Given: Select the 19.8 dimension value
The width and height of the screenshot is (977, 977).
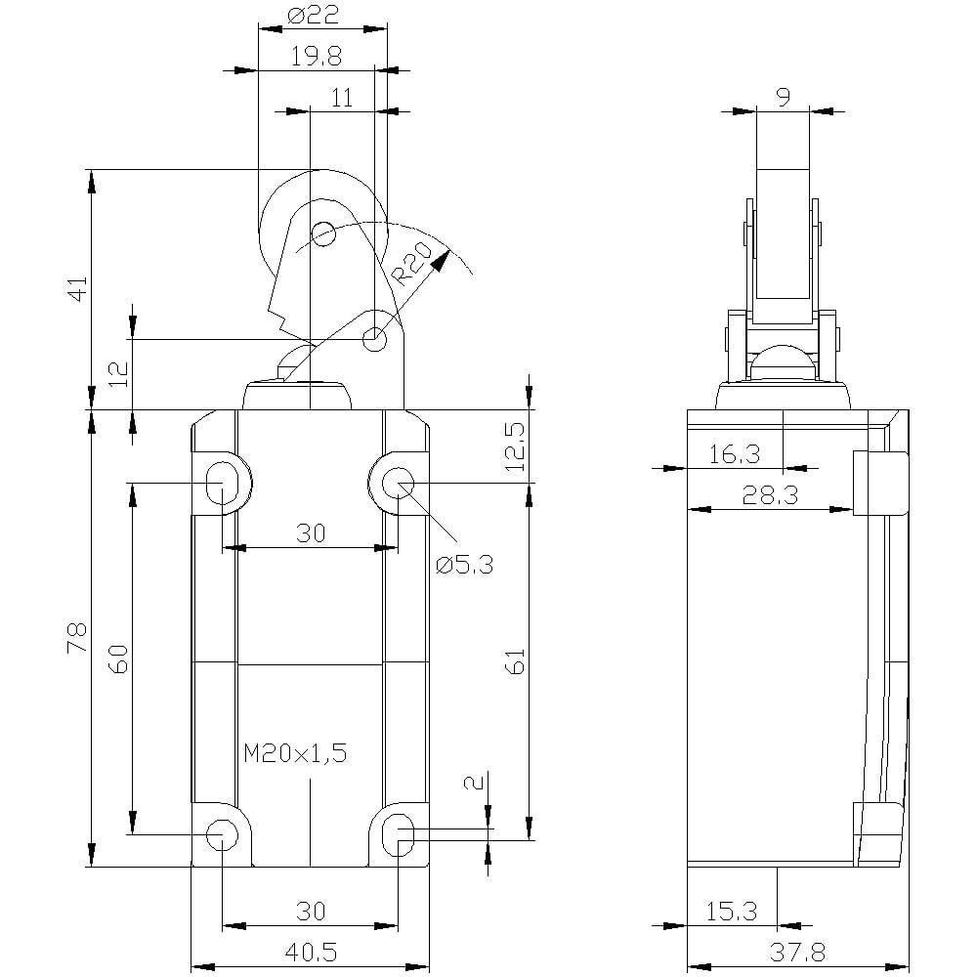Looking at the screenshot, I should point(316,58).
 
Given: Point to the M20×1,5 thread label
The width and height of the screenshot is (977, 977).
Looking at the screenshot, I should point(295,752).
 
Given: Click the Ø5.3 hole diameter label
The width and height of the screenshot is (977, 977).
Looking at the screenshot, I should point(466,564).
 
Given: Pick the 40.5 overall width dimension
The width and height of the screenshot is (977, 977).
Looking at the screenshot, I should point(310,952).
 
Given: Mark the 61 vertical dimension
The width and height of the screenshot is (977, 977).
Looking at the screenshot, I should point(516,660).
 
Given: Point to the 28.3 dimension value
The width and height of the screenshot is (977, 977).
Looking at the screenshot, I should point(771,495).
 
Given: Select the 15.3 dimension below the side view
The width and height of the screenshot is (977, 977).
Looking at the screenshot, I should point(731,911).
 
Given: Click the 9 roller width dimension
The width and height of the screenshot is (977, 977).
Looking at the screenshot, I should point(783,96).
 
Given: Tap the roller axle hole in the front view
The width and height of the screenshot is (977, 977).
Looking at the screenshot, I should point(322,234).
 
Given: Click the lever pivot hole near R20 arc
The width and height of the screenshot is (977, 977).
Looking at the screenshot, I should point(374,339).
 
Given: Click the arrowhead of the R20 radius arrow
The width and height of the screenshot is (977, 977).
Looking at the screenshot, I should point(445,258).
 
